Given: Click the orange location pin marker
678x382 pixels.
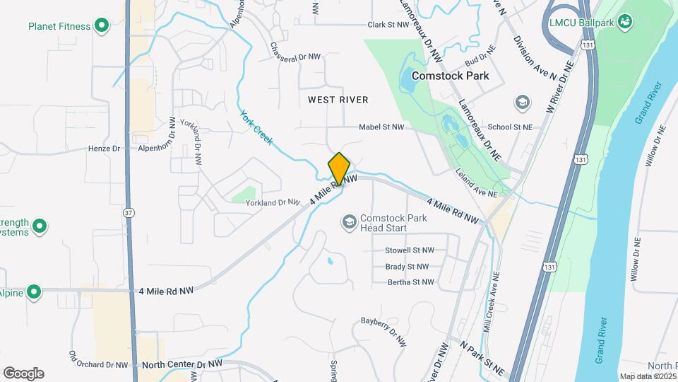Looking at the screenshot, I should (x=339, y=168).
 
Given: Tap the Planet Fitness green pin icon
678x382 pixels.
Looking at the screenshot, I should (x=101, y=27).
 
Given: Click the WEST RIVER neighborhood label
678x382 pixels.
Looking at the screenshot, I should (x=338, y=100).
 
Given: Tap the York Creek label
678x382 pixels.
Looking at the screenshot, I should (x=256, y=127).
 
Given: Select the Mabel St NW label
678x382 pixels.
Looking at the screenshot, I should (x=381, y=127).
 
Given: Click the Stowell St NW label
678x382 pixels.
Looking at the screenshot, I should (x=410, y=250).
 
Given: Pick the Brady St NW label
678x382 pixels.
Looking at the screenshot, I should (x=407, y=267).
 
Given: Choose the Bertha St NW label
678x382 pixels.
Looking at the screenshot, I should (x=411, y=282).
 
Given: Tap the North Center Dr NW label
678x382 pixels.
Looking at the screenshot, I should (x=182, y=364).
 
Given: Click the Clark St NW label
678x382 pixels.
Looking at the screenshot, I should (x=388, y=24).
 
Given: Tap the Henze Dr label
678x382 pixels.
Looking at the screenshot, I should (x=105, y=149).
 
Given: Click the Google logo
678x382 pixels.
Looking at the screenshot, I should (x=23, y=374).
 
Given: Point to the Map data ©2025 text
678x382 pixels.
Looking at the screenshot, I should (x=648, y=376).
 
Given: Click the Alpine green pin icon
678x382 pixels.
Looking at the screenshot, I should (x=33, y=292).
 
